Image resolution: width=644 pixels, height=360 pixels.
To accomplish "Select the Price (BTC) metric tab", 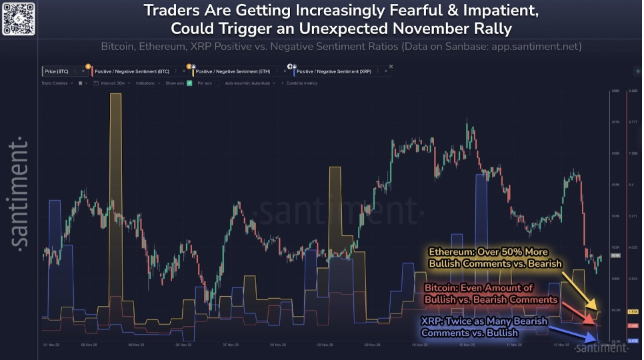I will [x=56, y=70].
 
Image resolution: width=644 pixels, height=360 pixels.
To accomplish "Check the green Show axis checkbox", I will [x=189, y=83].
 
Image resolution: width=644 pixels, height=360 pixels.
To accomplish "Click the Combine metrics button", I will [x=301, y=83].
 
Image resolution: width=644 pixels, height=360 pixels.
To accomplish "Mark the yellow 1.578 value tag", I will [x=633, y=311].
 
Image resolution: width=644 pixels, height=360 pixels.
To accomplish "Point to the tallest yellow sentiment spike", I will [x=116, y=167].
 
